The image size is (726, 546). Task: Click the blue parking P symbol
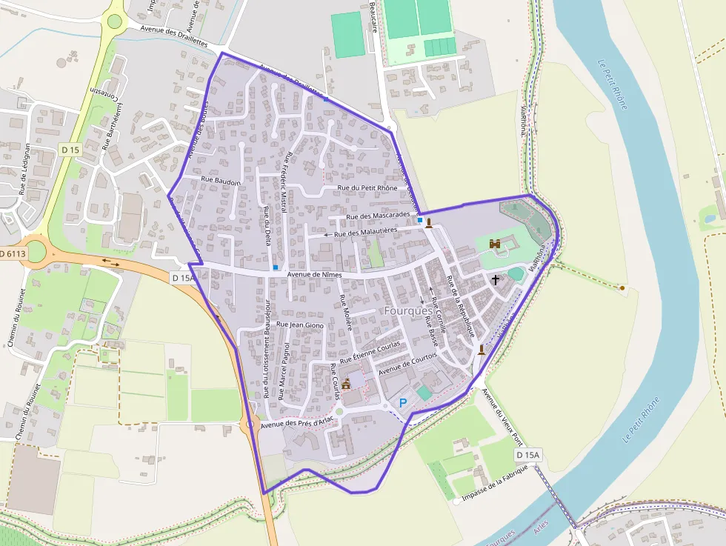point(403,402)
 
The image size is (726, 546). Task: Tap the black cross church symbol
point(496,280)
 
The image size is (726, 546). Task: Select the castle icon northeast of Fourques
point(494,243)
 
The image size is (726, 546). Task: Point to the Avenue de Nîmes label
point(318,274)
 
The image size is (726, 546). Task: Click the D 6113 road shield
point(12,253)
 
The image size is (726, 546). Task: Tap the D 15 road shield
point(70,150)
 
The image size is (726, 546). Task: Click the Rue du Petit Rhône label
point(367,188)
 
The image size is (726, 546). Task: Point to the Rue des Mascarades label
point(378,216)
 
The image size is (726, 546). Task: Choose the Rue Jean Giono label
point(300,324)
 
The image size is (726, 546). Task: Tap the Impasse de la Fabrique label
point(494,484)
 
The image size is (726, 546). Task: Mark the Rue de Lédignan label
point(27,169)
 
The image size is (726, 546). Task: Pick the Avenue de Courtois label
point(407,363)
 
